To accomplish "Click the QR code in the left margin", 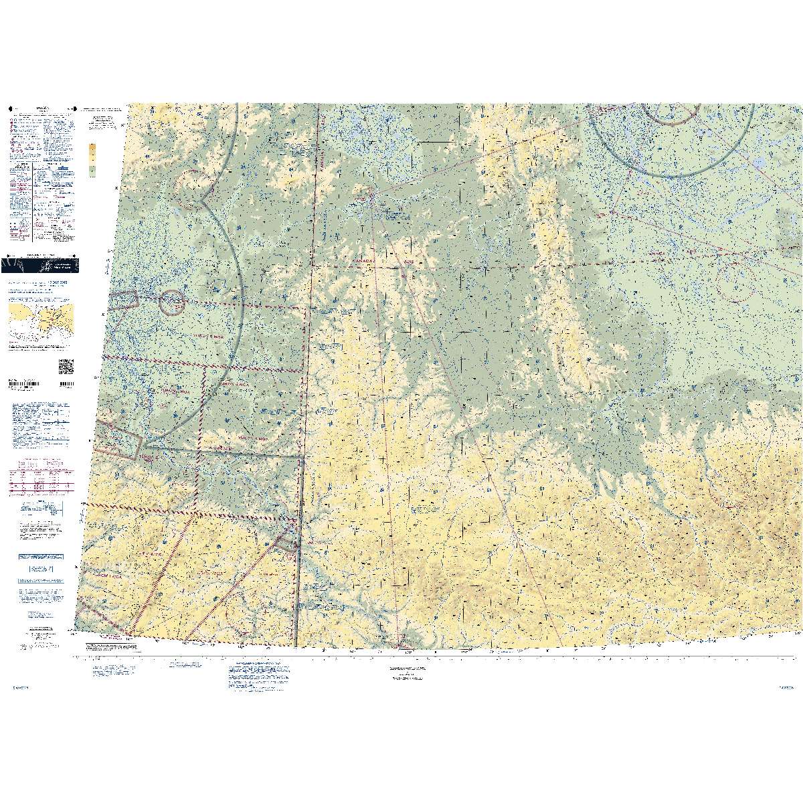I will click(66, 367).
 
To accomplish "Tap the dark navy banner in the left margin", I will click(39, 265).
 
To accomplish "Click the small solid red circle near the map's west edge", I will click(173, 303).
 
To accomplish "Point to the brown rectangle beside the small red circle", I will click(124, 302).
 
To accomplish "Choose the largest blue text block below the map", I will click(258, 679).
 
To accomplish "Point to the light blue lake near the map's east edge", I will click(758, 163).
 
